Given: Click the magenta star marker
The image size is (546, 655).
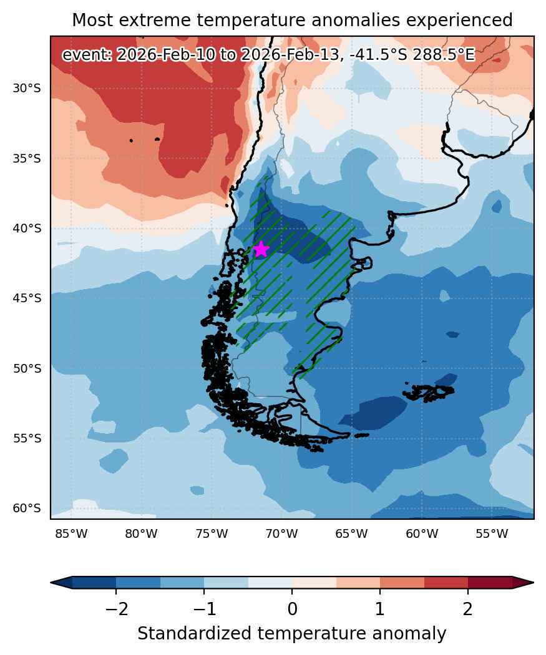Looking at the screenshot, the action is click(x=261, y=249).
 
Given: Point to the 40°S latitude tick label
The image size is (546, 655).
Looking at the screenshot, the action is click(x=27, y=229).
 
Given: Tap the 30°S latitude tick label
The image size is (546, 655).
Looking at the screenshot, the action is click(x=27, y=88).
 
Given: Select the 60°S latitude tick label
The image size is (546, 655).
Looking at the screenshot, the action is click(x=27, y=509).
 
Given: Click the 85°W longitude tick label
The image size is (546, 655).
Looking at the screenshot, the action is click(x=72, y=534).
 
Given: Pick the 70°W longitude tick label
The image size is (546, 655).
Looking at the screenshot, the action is click(x=282, y=534).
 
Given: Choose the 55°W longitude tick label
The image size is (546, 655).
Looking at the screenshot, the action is click(x=492, y=534).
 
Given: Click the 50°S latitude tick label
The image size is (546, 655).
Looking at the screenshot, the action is click(x=27, y=368).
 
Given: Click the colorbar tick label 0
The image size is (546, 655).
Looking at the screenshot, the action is click(x=292, y=610).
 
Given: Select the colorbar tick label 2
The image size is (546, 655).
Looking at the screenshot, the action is click(x=468, y=610).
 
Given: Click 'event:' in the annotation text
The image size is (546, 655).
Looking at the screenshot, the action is click(x=87, y=55).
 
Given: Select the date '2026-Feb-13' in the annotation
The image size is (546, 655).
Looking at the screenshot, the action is click(x=290, y=55).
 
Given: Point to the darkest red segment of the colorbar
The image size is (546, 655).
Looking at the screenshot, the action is click(x=490, y=582).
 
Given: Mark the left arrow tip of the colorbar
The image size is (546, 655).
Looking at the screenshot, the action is click(x=51, y=582).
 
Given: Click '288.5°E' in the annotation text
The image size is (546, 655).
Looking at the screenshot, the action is click(x=444, y=55).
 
